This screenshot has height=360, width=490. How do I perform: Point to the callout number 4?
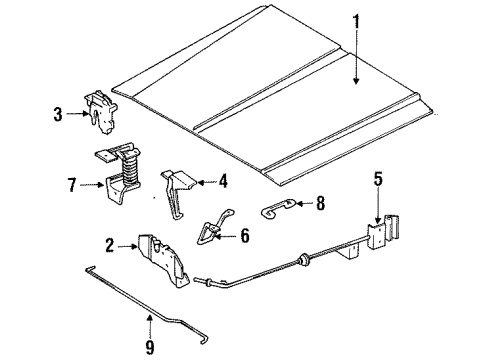(x=224, y=181)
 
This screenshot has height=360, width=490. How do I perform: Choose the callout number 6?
(x=245, y=236)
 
